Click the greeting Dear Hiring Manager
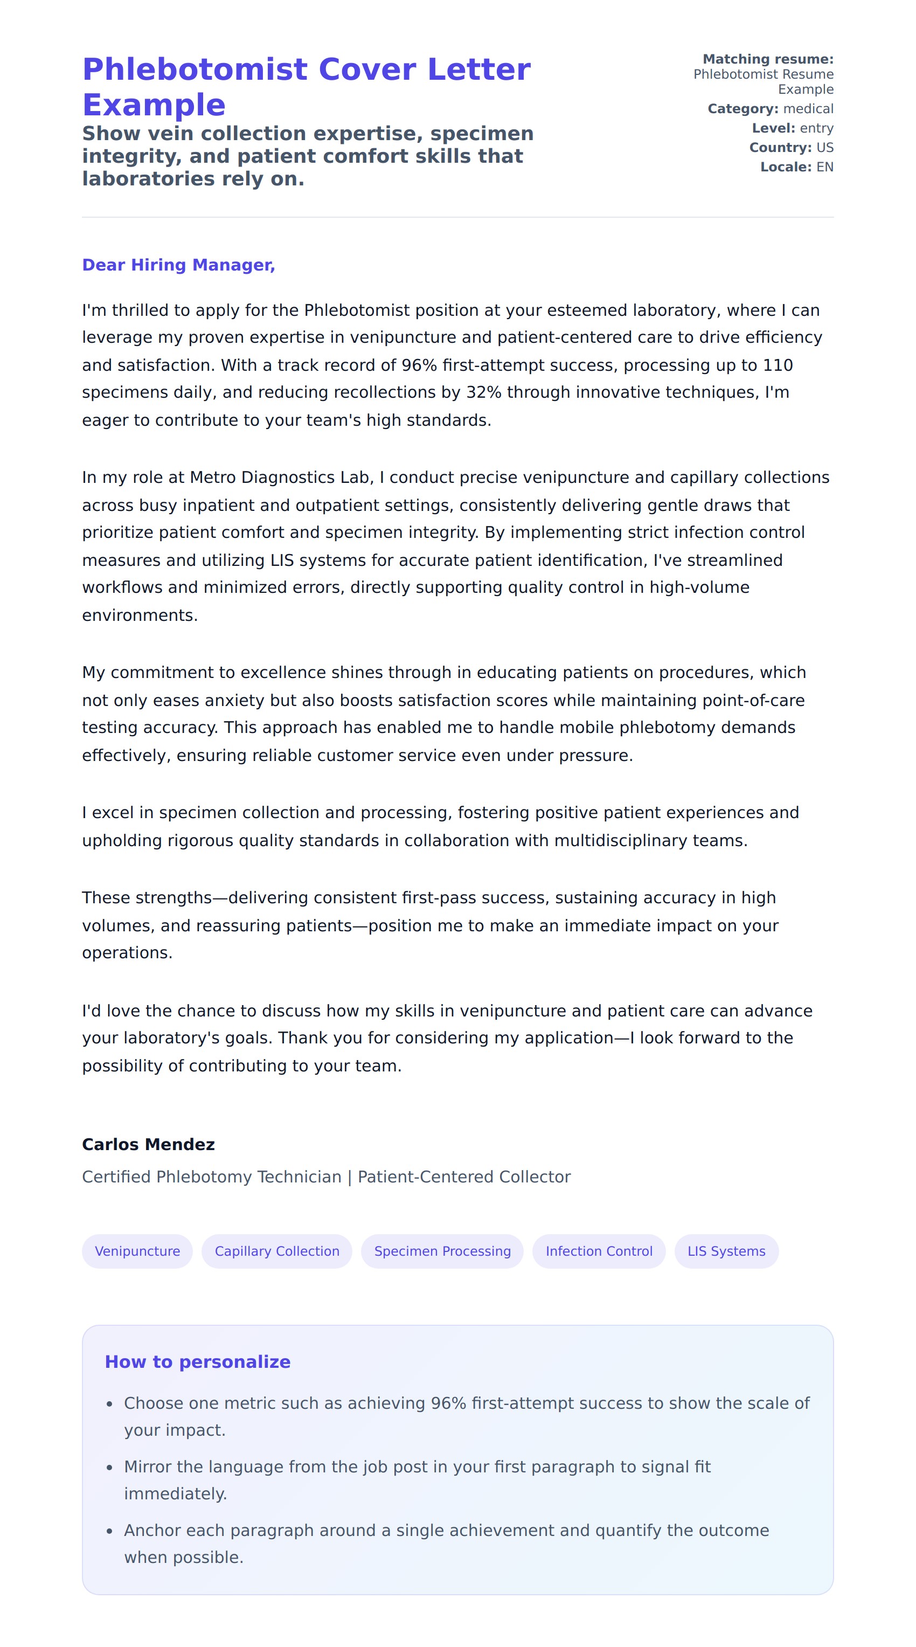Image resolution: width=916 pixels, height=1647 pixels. [x=178, y=265]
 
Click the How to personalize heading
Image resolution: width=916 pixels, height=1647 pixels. [x=198, y=1361]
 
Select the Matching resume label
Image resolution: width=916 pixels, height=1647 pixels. [x=768, y=59]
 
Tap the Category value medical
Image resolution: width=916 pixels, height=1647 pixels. [x=808, y=109]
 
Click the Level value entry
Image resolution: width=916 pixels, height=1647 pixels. [x=816, y=128]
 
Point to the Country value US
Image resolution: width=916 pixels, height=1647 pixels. [x=824, y=148]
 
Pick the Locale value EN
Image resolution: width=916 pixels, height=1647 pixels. [x=824, y=167]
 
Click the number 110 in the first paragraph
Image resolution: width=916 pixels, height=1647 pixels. [x=778, y=365]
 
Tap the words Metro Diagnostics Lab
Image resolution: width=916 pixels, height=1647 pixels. [x=280, y=478]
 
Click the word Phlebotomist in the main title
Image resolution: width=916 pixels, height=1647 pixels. [x=196, y=69]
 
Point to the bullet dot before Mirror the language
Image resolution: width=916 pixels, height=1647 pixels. [x=110, y=1468]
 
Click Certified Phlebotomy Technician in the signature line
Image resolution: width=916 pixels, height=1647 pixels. [x=212, y=1177]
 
